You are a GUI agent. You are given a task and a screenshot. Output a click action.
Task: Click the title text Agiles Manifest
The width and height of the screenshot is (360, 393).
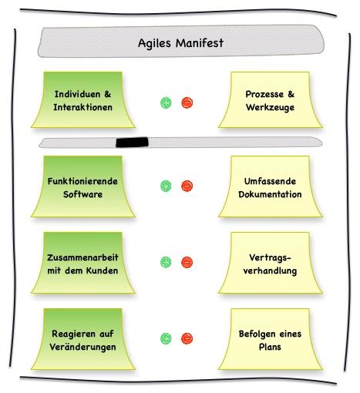(x=180, y=43)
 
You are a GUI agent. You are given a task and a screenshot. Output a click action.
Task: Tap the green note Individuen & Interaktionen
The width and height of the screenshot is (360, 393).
(x=83, y=99)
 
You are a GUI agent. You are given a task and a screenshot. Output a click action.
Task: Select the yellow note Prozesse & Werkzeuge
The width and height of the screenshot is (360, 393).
(x=271, y=99)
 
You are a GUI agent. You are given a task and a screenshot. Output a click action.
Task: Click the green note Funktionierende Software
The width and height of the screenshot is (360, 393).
(x=83, y=186)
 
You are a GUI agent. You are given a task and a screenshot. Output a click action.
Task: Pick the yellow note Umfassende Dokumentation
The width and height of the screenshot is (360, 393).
(x=271, y=186)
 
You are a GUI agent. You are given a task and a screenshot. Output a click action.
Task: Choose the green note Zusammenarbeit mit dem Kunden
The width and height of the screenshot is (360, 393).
(x=83, y=263)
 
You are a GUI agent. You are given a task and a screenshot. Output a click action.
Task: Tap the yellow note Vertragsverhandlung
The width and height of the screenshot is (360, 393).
(x=271, y=263)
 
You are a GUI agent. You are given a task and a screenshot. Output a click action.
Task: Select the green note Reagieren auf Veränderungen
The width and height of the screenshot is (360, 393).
(x=83, y=339)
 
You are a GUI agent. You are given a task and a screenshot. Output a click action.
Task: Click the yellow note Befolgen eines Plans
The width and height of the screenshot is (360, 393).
(x=271, y=339)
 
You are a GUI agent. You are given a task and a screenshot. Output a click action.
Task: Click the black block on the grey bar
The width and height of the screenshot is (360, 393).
(x=132, y=142)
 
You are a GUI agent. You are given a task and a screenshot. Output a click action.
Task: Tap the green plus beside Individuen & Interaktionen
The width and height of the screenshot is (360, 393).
(x=166, y=102)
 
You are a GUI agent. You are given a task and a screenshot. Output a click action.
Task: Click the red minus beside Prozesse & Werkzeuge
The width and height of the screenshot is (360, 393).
(x=187, y=102)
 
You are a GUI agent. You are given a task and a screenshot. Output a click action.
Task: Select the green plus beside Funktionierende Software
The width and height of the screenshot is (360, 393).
(x=166, y=186)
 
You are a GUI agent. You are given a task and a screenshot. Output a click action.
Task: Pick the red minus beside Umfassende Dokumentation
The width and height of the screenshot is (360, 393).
(x=187, y=186)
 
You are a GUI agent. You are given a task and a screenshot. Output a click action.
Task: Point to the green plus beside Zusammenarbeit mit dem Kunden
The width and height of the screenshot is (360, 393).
(x=166, y=262)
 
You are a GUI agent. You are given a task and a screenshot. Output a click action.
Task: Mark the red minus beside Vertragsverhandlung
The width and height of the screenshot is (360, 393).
(x=187, y=262)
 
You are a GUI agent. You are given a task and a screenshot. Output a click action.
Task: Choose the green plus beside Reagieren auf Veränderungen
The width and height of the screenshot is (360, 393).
(x=166, y=338)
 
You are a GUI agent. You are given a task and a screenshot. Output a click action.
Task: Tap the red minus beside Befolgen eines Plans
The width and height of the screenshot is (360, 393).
(x=187, y=338)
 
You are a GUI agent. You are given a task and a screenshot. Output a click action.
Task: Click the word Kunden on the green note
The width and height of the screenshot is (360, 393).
(x=102, y=270)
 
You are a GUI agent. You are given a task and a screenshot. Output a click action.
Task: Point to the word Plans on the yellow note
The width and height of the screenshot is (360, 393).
(x=270, y=347)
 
